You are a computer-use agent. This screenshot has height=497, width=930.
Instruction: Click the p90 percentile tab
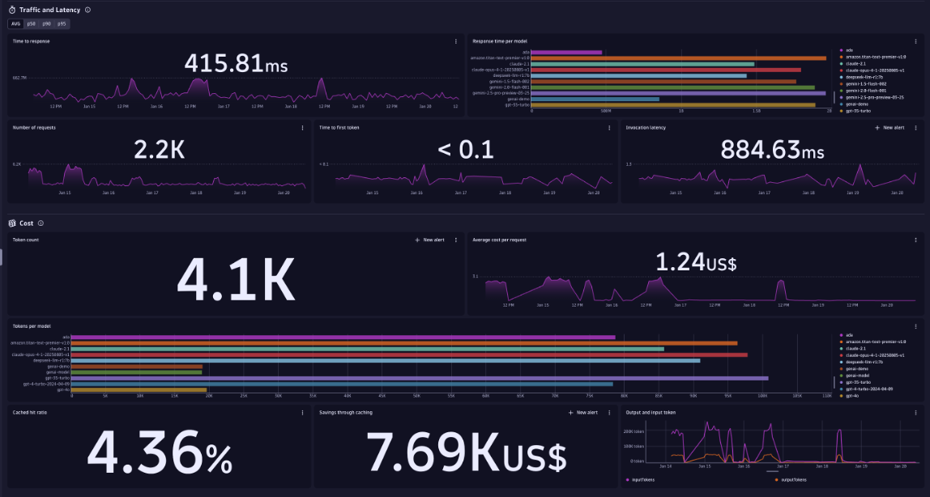[x=46, y=24]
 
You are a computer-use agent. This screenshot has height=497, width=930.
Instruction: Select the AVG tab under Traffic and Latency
[x=16, y=24]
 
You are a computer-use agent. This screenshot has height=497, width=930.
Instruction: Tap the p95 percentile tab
[x=62, y=24]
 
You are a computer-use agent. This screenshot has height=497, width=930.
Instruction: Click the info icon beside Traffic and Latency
[x=87, y=10]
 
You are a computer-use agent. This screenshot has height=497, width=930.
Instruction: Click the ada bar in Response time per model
[x=566, y=53]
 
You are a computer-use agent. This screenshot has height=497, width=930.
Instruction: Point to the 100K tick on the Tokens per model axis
[x=762, y=397]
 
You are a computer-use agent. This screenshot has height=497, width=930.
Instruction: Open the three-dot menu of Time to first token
[x=609, y=128]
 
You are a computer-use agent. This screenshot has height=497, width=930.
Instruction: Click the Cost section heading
[x=26, y=223]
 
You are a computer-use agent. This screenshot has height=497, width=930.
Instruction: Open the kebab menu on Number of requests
[x=303, y=128]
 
